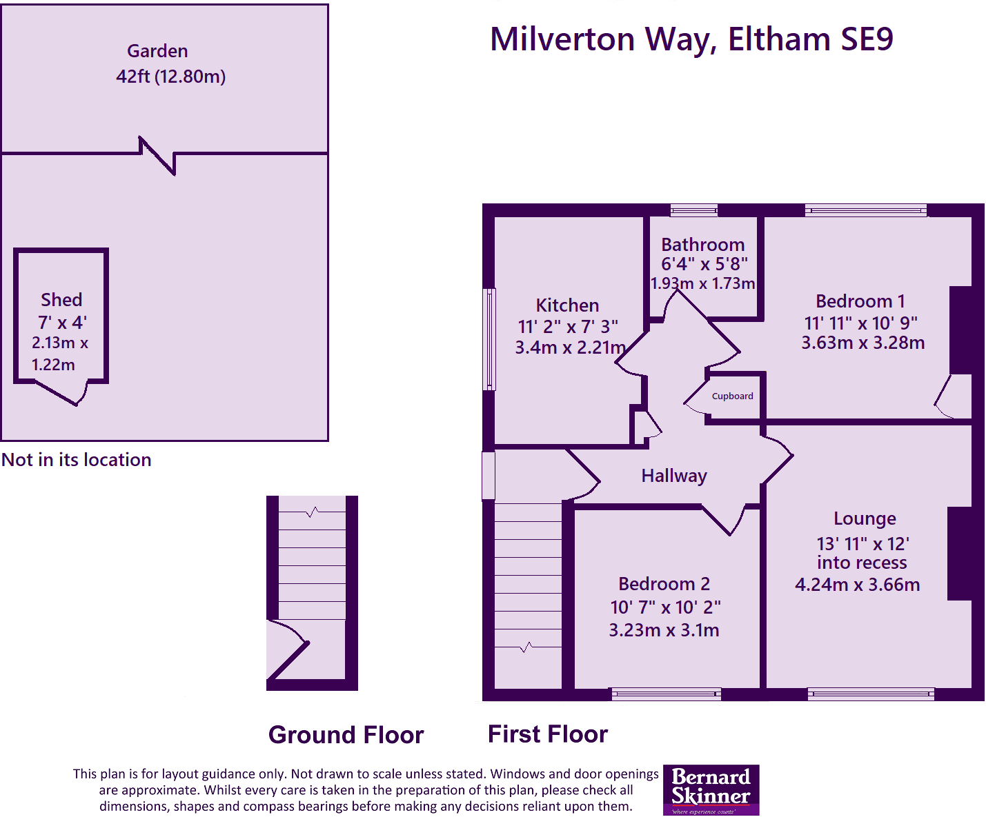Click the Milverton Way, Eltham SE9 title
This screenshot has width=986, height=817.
(x=691, y=39)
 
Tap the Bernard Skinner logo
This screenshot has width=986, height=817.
(x=711, y=789)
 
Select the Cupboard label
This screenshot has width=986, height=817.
(x=732, y=396)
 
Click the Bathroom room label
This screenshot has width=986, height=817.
(x=702, y=245)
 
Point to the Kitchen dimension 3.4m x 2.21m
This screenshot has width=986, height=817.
(x=570, y=347)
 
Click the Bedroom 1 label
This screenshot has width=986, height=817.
(x=860, y=301)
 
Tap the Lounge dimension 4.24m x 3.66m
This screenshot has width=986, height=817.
(x=857, y=585)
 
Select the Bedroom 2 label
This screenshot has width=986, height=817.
(x=664, y=584)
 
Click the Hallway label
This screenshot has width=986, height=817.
(x=673, y=476)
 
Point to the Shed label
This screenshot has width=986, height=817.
(x=61, y=300)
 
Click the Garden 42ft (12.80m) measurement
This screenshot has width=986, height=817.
(x=170, y=77)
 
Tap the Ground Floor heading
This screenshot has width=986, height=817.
(x=346, y=735)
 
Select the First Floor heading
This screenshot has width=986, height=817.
(x=547, y=734)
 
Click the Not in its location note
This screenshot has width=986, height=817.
(x=77, y=460)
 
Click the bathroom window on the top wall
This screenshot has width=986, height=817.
(x=693, y=210)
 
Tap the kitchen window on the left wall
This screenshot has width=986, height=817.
(x=489, y=339)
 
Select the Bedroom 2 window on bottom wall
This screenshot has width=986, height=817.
(x=666, y=694)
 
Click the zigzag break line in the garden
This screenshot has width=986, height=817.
(x=158, y=155)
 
